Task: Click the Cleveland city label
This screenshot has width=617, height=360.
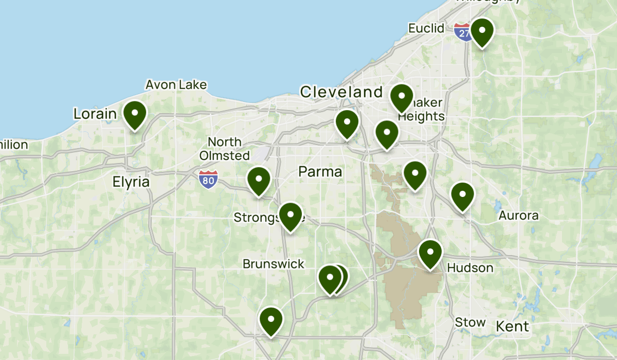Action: click(341, 93)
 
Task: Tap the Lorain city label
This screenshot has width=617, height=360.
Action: click(95, 113)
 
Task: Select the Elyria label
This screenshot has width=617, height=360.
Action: click(131, 182)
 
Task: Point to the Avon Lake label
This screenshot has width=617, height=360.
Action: click(176, 85)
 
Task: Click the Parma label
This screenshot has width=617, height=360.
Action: click(320, 172)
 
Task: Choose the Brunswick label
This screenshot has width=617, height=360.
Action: click(274, 264)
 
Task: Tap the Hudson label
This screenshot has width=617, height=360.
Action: click(470, 268)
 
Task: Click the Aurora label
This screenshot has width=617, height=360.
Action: click(518, 215)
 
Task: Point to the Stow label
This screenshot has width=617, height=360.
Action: click(470, 322)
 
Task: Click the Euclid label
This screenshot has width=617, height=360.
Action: click(426, 28)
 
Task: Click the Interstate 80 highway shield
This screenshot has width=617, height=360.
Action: click(208, 179)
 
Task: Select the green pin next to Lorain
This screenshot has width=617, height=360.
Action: click(135, 114)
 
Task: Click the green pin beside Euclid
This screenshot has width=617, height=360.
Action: click(482, 31)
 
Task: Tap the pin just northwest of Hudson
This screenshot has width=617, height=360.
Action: click(430, 253)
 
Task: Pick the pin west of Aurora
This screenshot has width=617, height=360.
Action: click(462, 195)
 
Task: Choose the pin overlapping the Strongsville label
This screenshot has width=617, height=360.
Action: click(291, 215)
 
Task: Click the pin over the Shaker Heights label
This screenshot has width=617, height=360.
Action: click(402, 97)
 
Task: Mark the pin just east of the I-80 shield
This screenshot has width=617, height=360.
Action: click(259, 180)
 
